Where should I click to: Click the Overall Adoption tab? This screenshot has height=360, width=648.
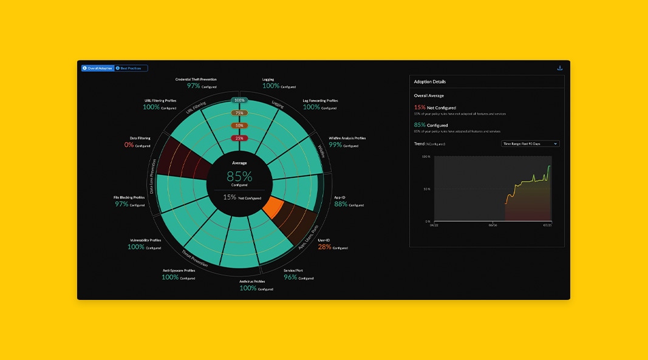(98, 68)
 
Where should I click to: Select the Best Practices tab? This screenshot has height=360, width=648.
(131, 68)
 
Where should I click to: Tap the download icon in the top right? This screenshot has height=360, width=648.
(560, 68)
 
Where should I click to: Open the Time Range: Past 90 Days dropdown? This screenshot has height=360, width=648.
(530, 144)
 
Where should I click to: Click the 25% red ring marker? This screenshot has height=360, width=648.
(239, 138)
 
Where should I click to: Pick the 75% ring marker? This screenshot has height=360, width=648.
(239, 113)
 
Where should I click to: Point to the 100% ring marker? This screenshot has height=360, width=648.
(239, 100)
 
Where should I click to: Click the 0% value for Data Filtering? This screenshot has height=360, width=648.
(129, 145)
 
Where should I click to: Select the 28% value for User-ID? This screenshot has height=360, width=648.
(325, 247)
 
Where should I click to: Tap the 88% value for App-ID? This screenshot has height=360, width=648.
(341, 205)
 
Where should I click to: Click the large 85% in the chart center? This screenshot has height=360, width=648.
(239, 177)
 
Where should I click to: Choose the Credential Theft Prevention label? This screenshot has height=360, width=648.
(196, 80)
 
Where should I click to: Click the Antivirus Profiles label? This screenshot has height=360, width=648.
(251, 282)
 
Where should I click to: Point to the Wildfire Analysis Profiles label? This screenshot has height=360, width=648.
(347, 138)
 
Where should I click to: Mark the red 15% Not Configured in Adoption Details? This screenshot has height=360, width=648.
(420, 107)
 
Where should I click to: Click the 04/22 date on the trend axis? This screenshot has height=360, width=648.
(434, 225)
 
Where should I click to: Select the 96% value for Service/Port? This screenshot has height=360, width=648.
(290, 277)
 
